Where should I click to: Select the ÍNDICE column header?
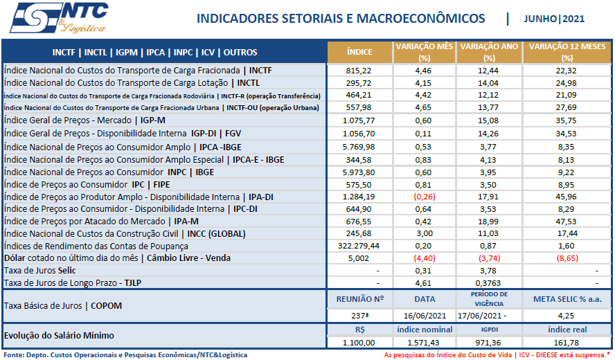(359, 52)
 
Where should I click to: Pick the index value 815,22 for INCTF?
(359, 71)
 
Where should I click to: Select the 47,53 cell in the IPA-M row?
(567, 221)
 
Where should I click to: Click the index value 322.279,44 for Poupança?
(359, 246)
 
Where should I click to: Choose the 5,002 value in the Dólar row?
(359, 258)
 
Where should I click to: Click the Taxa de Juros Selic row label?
(40, 271)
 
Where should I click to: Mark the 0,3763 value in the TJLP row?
(489, 283)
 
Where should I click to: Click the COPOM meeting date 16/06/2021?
(425, 315)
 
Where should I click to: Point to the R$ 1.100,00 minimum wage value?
(359, 343)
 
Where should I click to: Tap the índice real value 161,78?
(567, 343)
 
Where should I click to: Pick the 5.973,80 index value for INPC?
(359, 171)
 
